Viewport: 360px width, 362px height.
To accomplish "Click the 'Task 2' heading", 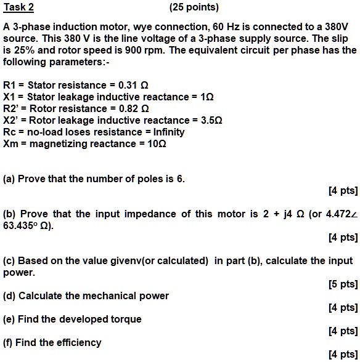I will [18, 8].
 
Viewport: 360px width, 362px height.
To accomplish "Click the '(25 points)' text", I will [194, 8].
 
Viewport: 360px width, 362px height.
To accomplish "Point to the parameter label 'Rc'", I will [10, 132].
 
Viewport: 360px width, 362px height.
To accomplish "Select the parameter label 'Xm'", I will [10, 143].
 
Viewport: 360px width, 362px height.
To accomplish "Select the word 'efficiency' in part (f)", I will [79, 342].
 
